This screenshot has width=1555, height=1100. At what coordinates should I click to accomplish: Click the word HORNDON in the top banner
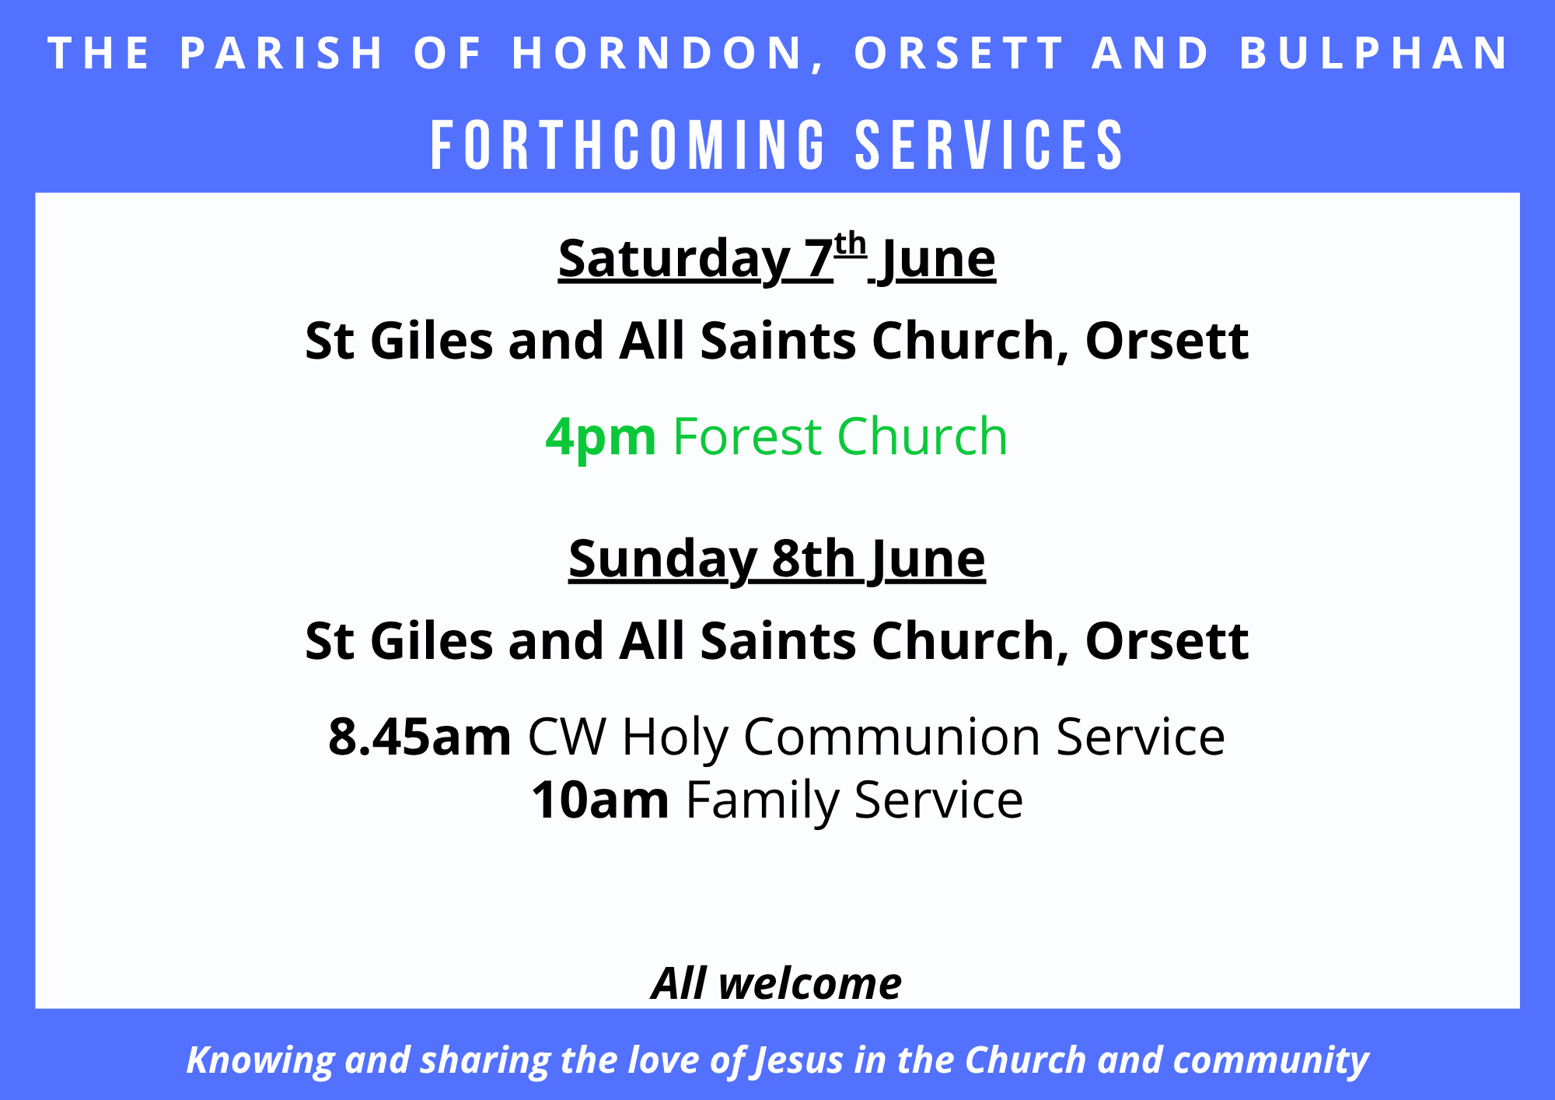click(x=658, y=54)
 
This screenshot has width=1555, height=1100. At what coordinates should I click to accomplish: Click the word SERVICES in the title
click(x=989, y=145)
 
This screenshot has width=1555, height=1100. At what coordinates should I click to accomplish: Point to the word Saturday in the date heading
click(x=673, y=260)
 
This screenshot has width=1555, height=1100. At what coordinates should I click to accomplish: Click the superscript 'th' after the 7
click(x=851, y=244)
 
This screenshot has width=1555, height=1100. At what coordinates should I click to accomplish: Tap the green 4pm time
click(x=600, y=437)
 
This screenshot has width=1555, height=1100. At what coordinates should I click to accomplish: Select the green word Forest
click(x=748, y=436)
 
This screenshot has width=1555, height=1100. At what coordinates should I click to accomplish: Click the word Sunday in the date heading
click(x=662, y=560)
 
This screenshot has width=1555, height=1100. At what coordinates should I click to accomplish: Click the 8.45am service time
click(x=420, y=737)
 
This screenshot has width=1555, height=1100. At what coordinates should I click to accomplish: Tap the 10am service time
click(x=600, y=800)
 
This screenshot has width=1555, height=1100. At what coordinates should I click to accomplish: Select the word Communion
click(x=892, y=737)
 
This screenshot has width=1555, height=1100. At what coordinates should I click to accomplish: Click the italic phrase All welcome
click(x=777, y=983)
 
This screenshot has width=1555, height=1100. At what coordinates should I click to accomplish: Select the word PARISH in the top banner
click(x=281, y=54)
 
